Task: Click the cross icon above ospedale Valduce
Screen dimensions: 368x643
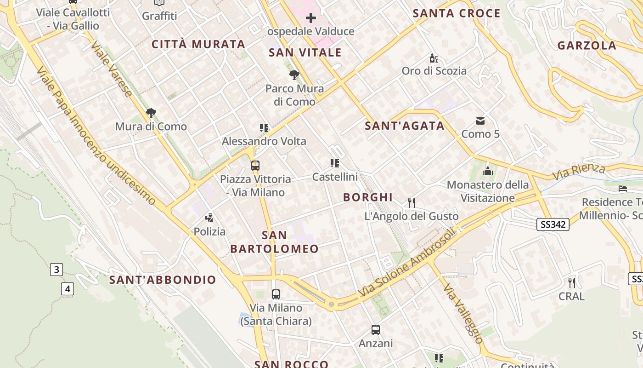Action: click(x=311, y=18)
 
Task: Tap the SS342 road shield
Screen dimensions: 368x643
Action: click(x=553, y=224)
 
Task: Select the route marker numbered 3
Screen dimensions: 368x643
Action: click(x=56, y=270)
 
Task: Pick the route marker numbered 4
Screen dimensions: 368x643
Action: click(x=68, y=289)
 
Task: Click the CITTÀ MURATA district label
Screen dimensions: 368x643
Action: click(x=198, y=45)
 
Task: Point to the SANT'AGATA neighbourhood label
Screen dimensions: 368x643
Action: click(x=405, y=126)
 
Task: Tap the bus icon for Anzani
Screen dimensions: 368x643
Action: click(x=376, y=329)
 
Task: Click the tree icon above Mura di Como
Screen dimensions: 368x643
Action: click(x=151, y=113)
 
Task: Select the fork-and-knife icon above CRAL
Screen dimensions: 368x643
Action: click(x=572, y=282)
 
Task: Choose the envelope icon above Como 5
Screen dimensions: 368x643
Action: click(x=480, y=121)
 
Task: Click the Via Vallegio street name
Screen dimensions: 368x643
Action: click(x=463, y=313)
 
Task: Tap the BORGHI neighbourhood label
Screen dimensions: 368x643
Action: click(x=368, y=198)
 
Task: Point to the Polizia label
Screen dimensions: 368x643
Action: click(x=209, y=231)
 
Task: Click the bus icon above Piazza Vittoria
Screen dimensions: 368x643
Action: click(x=255, y=166)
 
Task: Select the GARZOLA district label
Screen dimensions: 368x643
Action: click(x=587, y=46)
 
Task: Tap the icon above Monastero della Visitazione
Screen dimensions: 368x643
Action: click(x=487, y=172)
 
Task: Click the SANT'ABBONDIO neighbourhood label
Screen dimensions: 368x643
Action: click(x=163, y=280)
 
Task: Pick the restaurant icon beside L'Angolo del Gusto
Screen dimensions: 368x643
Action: click(x=412, y=202)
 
